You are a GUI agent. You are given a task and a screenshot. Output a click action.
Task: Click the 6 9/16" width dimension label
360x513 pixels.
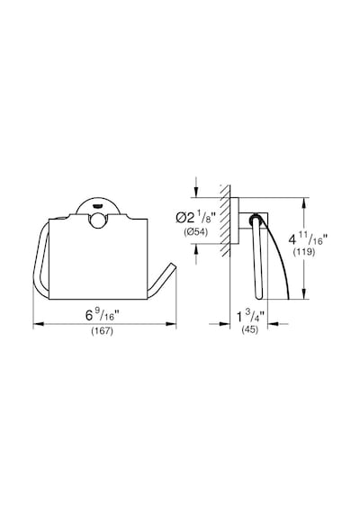(102, 315)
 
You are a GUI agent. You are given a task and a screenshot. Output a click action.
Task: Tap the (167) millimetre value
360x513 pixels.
(102, 331)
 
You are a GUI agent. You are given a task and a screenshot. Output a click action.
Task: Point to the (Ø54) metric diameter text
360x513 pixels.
(196, 232)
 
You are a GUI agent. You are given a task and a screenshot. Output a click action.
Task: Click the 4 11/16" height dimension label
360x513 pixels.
(307, 239)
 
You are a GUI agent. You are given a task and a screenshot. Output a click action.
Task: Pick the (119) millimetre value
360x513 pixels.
(303, 252)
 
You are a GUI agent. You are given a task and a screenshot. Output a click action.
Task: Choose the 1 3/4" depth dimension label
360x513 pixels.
(250, 317)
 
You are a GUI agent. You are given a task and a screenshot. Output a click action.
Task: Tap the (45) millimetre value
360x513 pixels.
(249, 329)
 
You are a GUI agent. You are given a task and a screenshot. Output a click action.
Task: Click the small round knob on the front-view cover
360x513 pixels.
(97, 220)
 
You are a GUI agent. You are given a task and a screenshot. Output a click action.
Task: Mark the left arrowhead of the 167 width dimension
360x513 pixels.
(39, 324)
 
